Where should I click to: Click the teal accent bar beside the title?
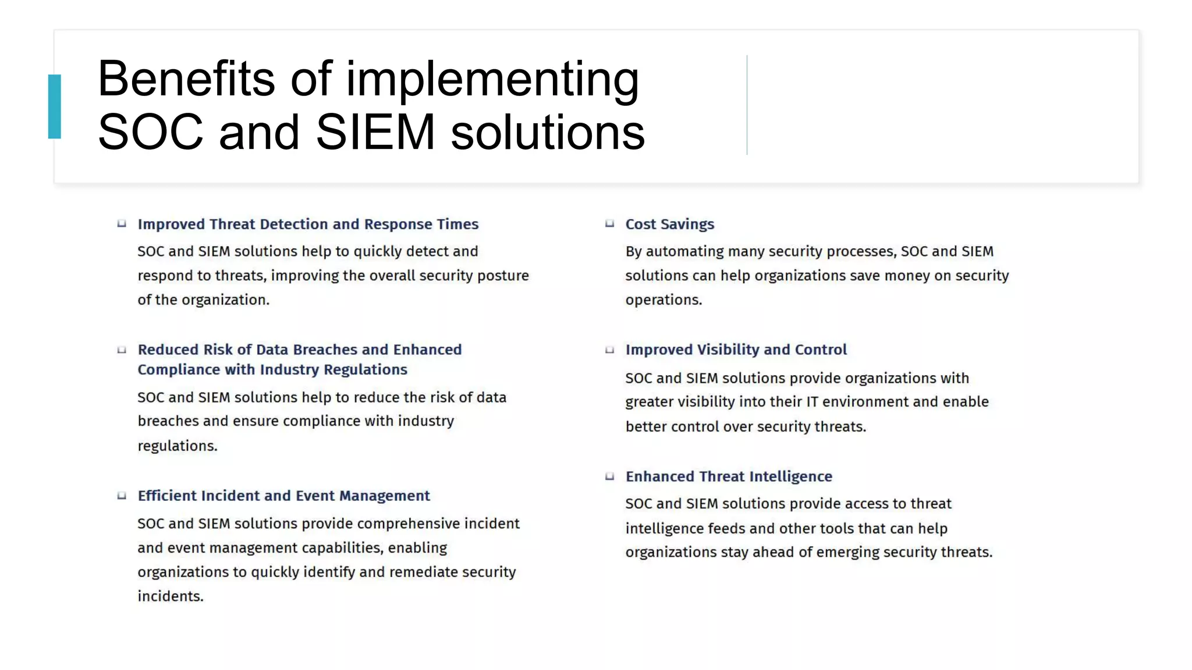55,106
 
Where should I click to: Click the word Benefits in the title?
186,79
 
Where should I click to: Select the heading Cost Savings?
669,224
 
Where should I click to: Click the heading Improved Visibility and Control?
736,350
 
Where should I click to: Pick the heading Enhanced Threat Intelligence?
729,476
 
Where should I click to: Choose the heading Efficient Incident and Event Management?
283,496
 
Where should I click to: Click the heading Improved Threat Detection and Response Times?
308,224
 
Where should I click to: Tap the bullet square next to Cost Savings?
609,223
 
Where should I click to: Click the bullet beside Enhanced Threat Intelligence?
609,476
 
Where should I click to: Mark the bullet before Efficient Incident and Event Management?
122,496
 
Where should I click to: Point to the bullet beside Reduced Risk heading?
122,350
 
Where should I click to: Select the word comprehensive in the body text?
396,523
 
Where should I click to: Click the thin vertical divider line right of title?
747,105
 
